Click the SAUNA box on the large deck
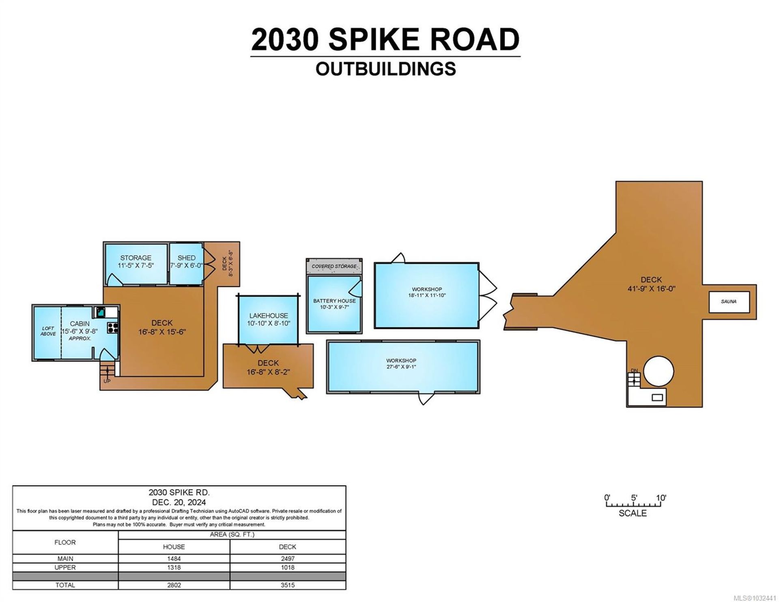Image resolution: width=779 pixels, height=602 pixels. click(729, 302)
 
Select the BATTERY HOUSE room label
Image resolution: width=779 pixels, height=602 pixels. click(334, 301)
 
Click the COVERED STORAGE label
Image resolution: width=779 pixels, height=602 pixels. click(334, 267)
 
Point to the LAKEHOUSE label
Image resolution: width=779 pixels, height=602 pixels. click(269, 315)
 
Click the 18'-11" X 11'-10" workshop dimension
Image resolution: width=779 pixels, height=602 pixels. click(427, 295)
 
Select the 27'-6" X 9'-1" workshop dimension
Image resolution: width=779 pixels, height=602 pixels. click(401, 367)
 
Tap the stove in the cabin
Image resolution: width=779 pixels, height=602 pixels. click(113, 328)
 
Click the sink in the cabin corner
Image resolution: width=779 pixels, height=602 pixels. click(100, 312)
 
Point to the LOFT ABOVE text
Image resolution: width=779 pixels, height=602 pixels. click(48, 331)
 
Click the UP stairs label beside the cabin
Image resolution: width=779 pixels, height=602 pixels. click(107, 381)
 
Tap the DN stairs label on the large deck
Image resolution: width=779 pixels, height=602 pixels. click(634, 371)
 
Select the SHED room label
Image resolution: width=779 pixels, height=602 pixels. click(186, 258)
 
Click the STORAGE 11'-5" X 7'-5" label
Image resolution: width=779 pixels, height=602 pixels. click(136, 262)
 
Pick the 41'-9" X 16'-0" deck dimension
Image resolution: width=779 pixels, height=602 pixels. click(651, 289)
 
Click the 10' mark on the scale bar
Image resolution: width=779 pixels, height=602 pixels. click(661, 498)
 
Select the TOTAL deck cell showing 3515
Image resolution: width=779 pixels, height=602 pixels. click(287, 585)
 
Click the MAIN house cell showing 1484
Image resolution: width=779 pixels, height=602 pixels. click(174, 559)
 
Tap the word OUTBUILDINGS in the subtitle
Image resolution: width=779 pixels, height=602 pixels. click(385, 69)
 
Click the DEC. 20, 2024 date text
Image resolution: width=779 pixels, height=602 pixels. click(179, 502)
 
